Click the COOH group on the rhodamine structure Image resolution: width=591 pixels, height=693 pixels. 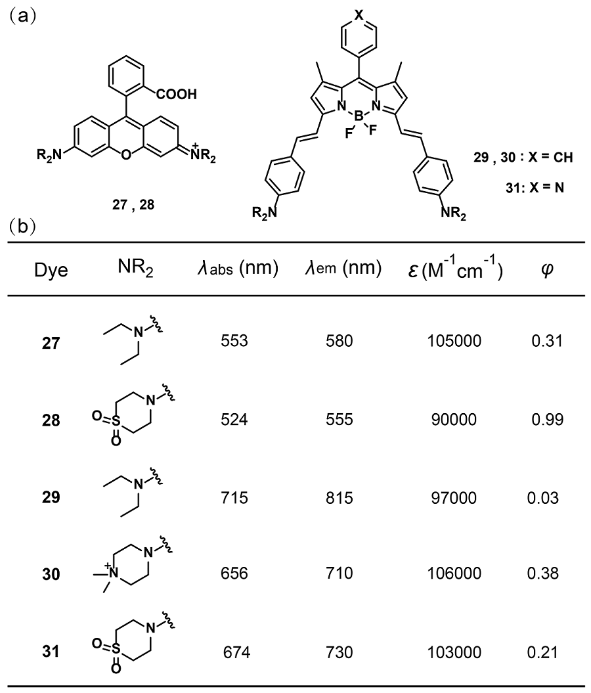[x=177, y=94]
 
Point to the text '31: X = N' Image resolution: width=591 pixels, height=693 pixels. [x=533, y=187]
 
